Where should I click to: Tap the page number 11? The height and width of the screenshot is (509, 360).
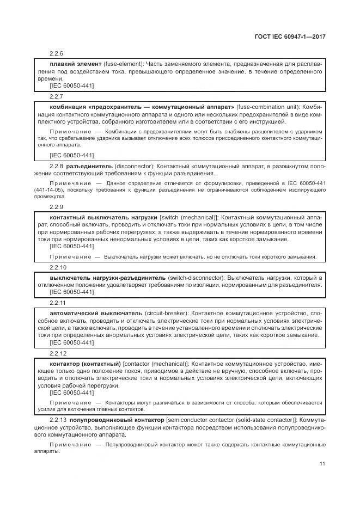pyautogui.click(x=322, y=464)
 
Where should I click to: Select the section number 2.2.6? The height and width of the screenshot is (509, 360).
pyautogui.click(x=57, y=54)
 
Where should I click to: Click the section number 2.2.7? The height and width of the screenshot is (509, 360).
pyautogui.click(x=57, y=96)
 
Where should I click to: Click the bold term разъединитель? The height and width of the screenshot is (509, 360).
pyautogui.click(x=89, y=165)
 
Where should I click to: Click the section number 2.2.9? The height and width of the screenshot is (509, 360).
pyautogui.click(x=57, y=207)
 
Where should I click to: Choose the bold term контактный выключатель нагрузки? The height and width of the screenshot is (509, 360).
pyautogui.click(x=103, y=217)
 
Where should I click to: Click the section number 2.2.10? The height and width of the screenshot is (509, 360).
pyautogui.click(x=58, y=267)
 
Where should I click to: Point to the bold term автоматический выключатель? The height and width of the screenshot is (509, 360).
pyautogui.click(x=96, y=314)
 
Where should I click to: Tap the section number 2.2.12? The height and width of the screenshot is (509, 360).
pyautogui.click(x=58, y=353)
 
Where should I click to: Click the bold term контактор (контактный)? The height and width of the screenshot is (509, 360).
pyautogui.click(x=85, y=363)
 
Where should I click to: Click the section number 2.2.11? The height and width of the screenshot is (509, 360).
pyautogui.click(x=58, y=303)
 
